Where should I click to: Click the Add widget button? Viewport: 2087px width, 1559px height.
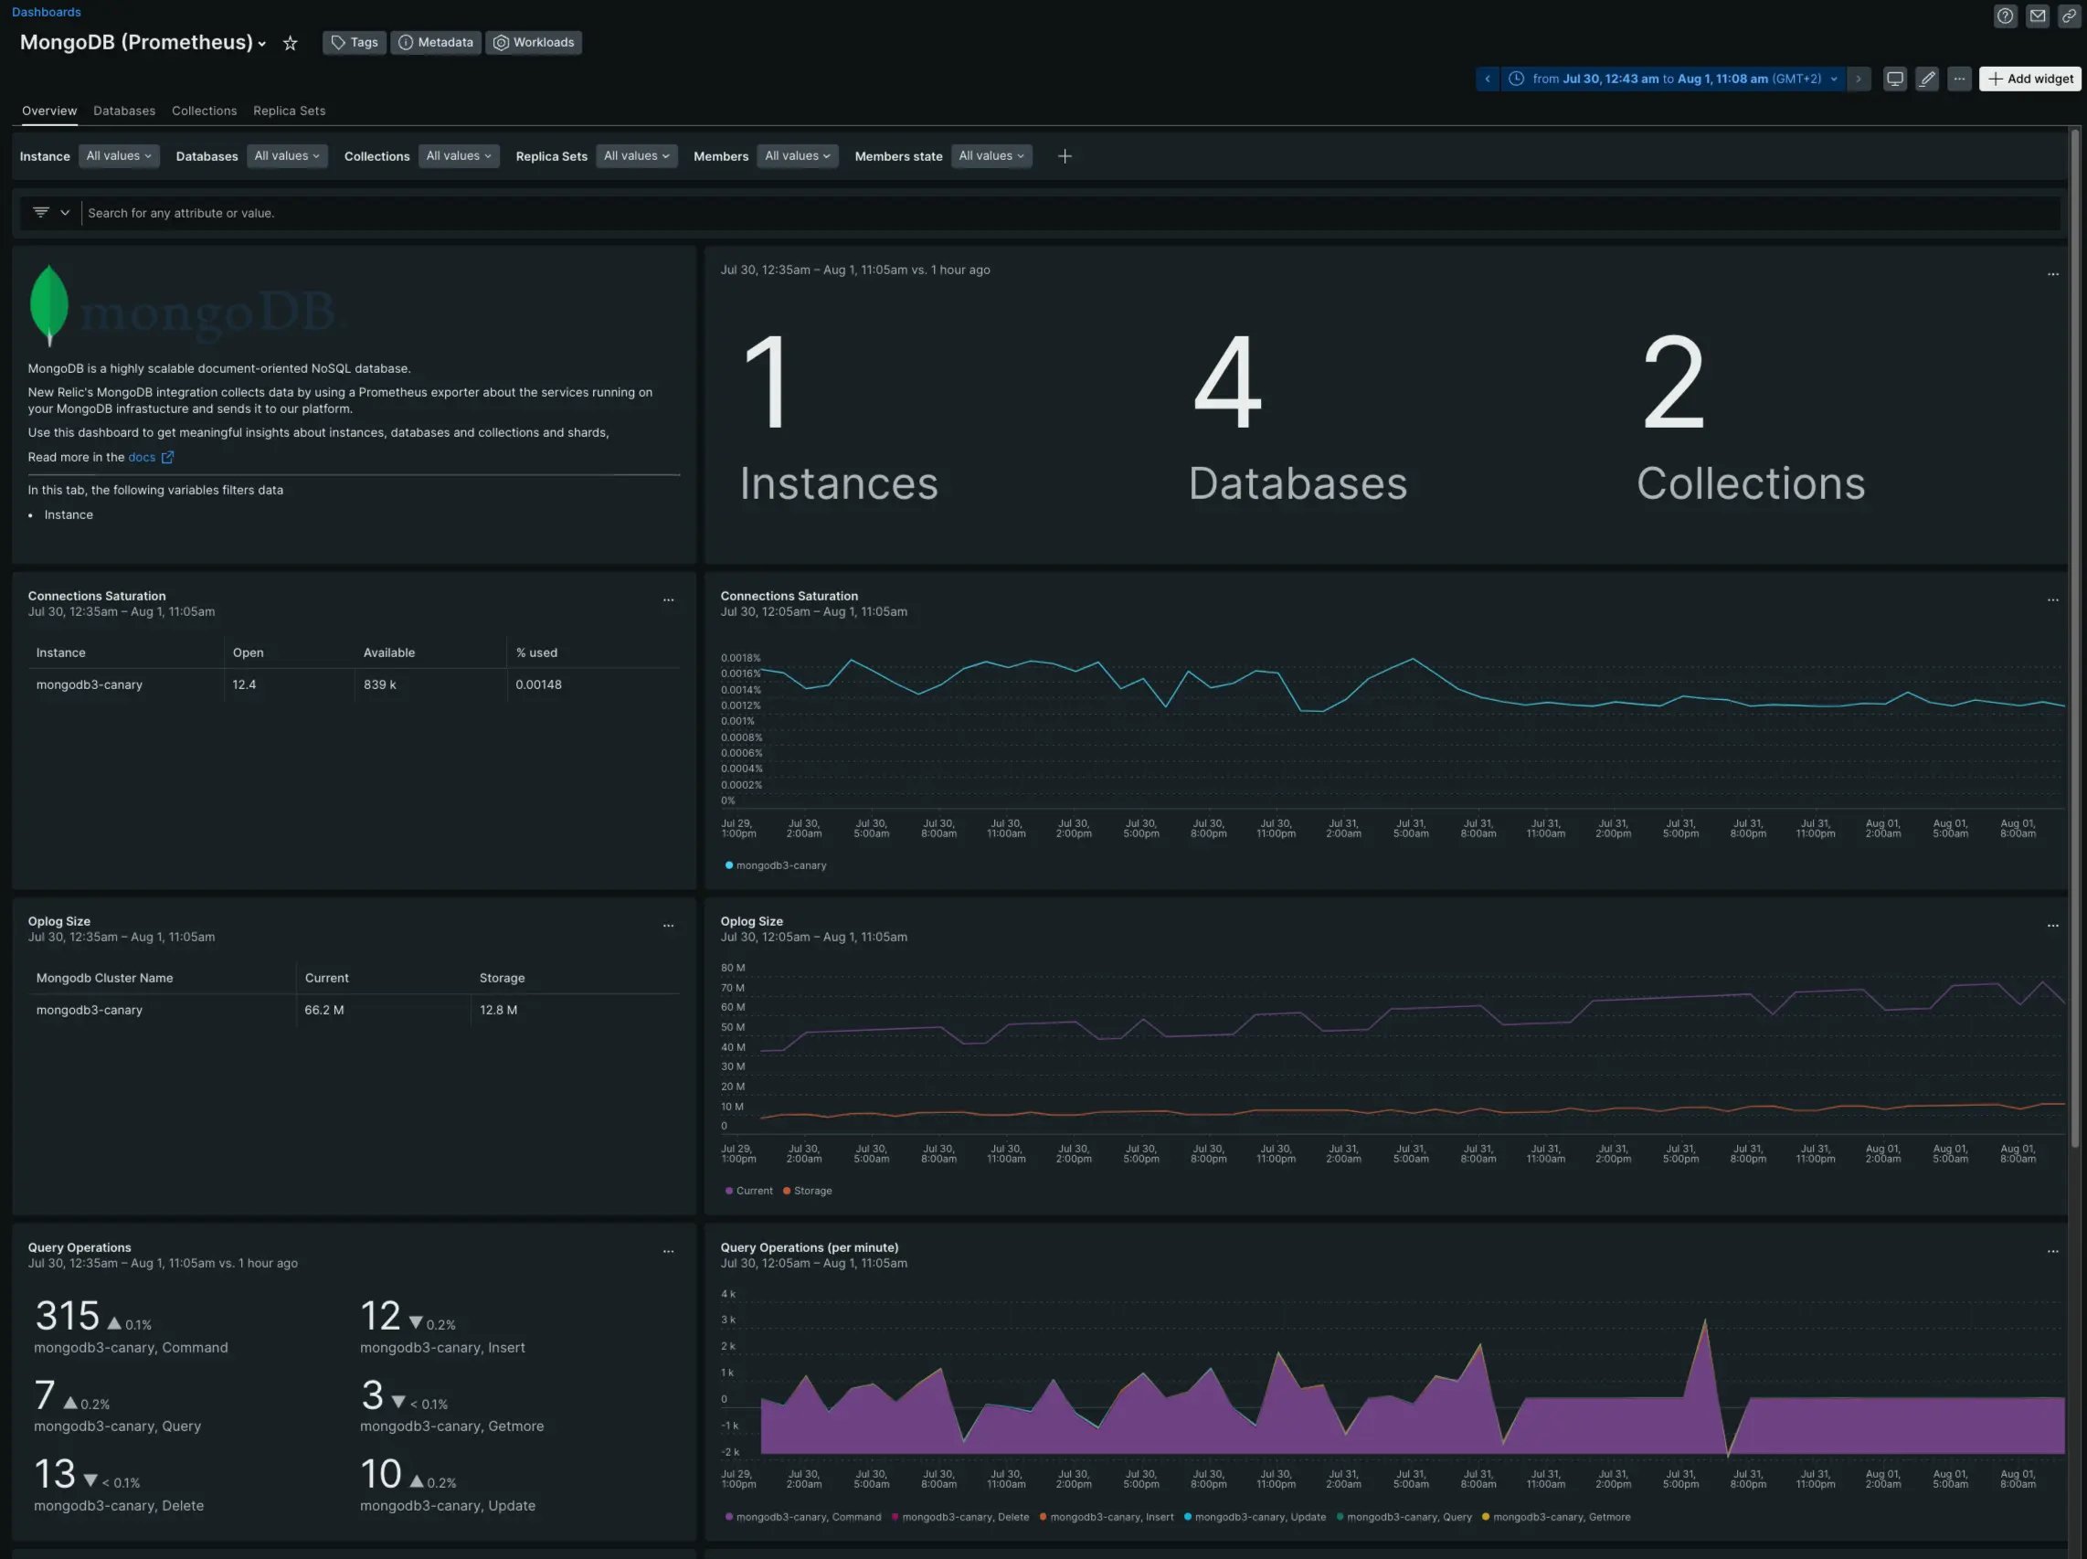coord(2029,80)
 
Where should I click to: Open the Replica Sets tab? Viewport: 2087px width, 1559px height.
coord(289,111)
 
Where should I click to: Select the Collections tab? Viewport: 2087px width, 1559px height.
coord(204,111)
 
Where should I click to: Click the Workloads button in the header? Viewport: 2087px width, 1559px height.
coord(533,42)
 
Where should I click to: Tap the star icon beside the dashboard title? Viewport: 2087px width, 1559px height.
coord(291,44)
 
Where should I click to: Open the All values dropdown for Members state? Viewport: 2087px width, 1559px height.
coord(991,155)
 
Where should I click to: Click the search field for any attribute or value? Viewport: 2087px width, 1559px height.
coord(567,213)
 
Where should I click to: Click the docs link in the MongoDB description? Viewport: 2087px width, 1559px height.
coord(142,457)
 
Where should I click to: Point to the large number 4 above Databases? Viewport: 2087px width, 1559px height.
coord(1226,382)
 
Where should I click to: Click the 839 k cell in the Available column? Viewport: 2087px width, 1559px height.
coord(379,684)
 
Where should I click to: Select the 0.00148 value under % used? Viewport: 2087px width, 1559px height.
coord(538,684)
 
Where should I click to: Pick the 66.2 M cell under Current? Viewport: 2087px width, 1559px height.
coord(323,1010)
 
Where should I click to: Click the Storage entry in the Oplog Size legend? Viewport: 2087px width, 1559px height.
coord(811,1191)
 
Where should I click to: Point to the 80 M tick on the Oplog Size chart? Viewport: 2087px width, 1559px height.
coord(732,969)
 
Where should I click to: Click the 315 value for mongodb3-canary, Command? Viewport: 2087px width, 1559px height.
coord(67,1316)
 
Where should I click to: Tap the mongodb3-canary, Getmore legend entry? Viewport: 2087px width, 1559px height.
coord(1561,1518)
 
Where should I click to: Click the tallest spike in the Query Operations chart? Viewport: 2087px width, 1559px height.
coord(1705,1323)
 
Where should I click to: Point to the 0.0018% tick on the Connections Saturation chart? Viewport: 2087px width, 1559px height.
coord(740,658)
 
